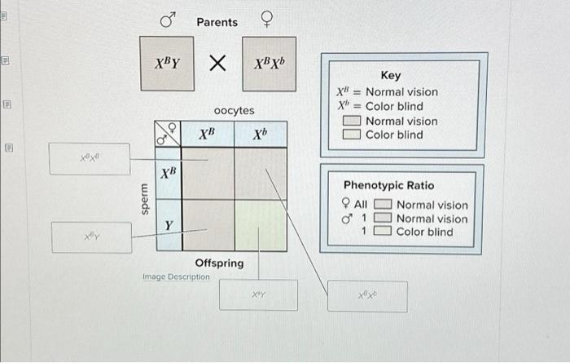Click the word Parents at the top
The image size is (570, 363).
click(217, 22)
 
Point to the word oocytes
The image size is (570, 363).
click(234, 110)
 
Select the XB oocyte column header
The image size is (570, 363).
click(208, 133)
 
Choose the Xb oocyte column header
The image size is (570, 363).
click(260, 133)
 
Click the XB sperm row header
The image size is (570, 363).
click(168, 173)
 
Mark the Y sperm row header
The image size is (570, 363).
click(168, 225)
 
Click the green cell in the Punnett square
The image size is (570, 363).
click(260, 225)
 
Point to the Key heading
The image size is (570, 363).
click(391, 75)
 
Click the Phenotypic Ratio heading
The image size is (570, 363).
click(388, 185)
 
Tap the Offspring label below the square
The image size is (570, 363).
click(219, 263)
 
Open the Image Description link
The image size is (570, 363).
click(176, 277)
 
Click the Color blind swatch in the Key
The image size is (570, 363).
click(352, 135)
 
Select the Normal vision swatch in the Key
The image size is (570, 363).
click(352, 122)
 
